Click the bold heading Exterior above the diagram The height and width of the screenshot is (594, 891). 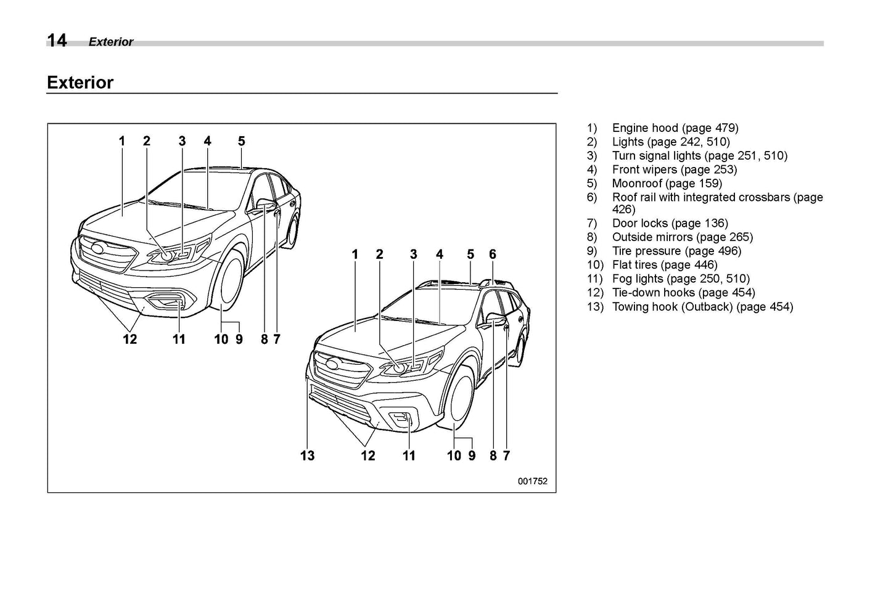pos(80,83)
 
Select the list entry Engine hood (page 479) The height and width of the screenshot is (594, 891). pos(675,128)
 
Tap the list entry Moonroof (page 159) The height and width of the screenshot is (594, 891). pos(667,183)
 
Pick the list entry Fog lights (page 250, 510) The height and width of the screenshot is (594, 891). pos(681,279)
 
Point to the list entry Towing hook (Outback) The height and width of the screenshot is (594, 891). pos(702,306)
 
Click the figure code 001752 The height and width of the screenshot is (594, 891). pos(532,481)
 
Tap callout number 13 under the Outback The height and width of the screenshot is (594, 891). pos(307,455)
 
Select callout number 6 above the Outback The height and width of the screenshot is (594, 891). pos(493,254)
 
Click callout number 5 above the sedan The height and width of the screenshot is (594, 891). pos(241,141)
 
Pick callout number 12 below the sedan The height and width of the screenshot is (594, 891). pos(129,339)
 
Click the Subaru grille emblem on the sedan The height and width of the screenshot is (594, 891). pos(98,248)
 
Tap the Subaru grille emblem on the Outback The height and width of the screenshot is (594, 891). pos(333,364)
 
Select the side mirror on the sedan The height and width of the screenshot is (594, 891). pos(266,204)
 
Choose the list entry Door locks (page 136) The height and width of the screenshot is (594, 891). pos(670,223)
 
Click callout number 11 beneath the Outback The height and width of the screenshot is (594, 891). pos(409,455)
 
